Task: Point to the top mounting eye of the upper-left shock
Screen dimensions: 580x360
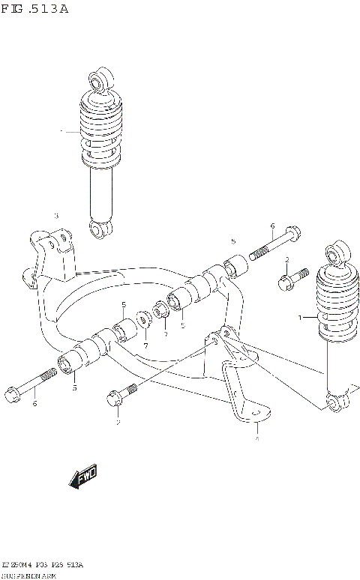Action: pyautogui.click(x=97, y=79)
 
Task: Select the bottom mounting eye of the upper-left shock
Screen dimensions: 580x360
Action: pyautogui.click(x=97, y=228)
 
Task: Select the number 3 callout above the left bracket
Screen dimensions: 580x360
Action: pyautogui.click(x=55, y=216)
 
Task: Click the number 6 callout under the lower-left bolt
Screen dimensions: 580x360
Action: pyautogui.click(x=34, y=404)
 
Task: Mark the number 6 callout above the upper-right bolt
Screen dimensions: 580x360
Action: pyautogui.click(x=272, y=226)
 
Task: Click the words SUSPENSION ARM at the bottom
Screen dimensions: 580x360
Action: pyautogui.click(x=33, y=574)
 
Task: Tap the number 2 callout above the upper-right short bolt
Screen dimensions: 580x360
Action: pyautogui.click(x=286, y=259)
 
